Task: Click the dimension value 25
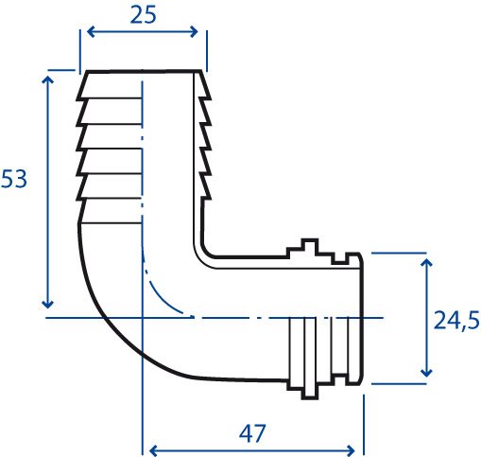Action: (143, 15)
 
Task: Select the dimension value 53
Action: (14, 179)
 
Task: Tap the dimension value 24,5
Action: (456, 320)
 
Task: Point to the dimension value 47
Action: (252, 433)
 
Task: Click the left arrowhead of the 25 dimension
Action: (91, 32)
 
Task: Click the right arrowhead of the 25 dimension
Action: (194, 32)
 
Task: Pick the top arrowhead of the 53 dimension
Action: (47, 79)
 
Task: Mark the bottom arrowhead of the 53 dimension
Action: (47, 304)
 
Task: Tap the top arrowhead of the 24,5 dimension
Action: (426, 263)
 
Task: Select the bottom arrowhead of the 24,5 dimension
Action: (426, 373)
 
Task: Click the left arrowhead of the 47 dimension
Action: (153, 450)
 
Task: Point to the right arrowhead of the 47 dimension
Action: (351, 450)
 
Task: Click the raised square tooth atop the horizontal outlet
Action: (310, 246)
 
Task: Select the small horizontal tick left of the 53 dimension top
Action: (61, 70)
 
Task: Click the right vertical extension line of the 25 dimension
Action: (207, 51)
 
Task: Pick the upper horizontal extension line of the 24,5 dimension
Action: (399, 253)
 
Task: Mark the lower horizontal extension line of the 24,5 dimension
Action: (399, 384)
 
